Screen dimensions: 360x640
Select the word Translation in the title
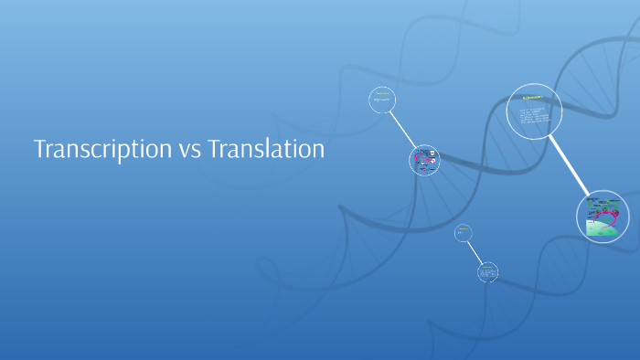(x=266, y=149)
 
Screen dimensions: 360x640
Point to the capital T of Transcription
(x=40, y=149)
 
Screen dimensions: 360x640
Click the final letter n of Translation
(x=319, y=150)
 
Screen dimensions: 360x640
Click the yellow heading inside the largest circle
(x=532, y=97)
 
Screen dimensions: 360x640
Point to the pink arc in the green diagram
(x=608, y=216)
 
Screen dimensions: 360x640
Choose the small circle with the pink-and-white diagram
(x=423, y=161)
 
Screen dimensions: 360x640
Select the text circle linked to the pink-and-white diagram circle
(x=382, y=100)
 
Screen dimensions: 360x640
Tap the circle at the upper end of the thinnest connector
(x=464, y=234)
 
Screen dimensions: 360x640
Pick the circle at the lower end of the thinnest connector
(x=488, y=271)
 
